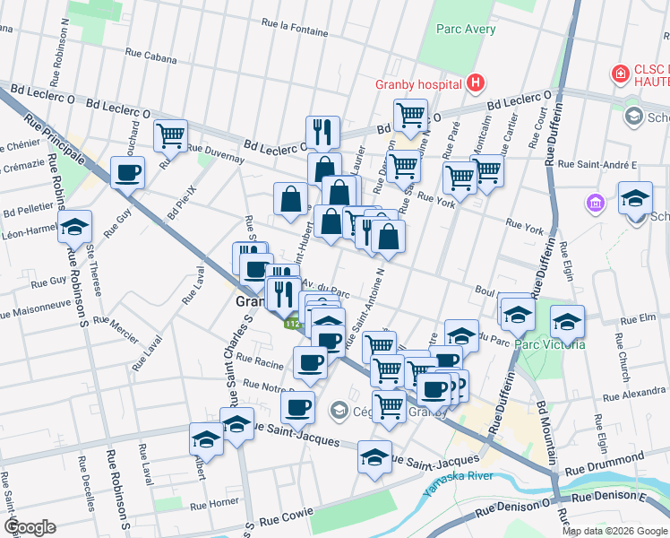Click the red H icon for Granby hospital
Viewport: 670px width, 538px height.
(x=476, y=84)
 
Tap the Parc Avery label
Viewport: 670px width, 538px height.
(x=466, y=29)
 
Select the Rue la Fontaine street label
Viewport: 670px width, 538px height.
(x=295, y=27)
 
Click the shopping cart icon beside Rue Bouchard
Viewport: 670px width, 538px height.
(x=170, y=135)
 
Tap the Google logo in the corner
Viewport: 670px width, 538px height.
(x=29, y=527)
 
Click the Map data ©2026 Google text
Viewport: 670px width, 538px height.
(x=614, y=531)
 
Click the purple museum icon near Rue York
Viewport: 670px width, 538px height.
(x=594, y=204)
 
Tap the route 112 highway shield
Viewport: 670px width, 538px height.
(x=292, y=324)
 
